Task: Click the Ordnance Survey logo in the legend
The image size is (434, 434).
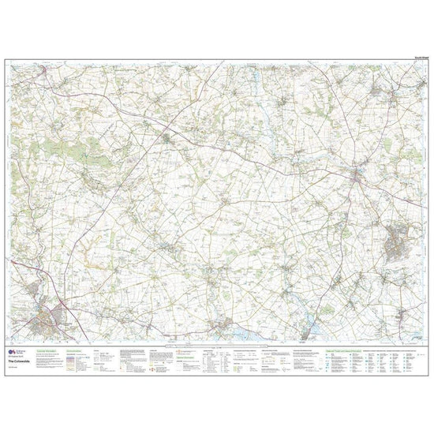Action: [13, 332]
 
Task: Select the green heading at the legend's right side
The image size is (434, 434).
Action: [371, 327]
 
